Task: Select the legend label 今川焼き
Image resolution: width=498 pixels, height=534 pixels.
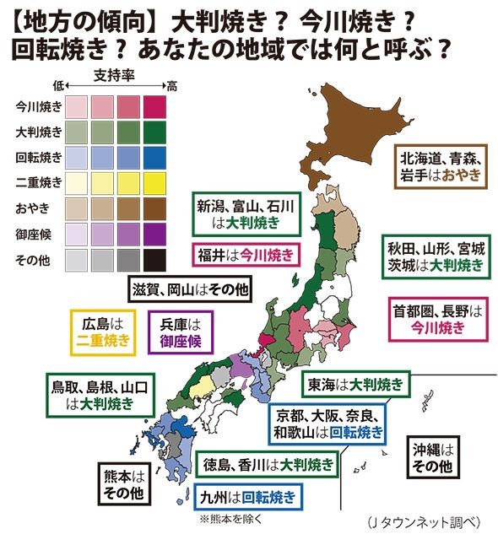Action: pyautogui.click(x=39, y=106)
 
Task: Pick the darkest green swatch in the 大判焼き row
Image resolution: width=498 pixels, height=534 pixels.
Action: pyautogui.click(x=156, y=132)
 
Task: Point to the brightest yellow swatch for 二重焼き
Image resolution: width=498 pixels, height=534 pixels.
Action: pyautogui.click(x=156, y=184)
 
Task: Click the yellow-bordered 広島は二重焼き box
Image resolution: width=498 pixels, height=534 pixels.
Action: pyautogui.click(x=101, y=332)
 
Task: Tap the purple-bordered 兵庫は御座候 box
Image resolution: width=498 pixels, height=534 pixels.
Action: pyautogui.click(x=181, y=332)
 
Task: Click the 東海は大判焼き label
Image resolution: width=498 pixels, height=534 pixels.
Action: pyautogui.click(x=355, y=384)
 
